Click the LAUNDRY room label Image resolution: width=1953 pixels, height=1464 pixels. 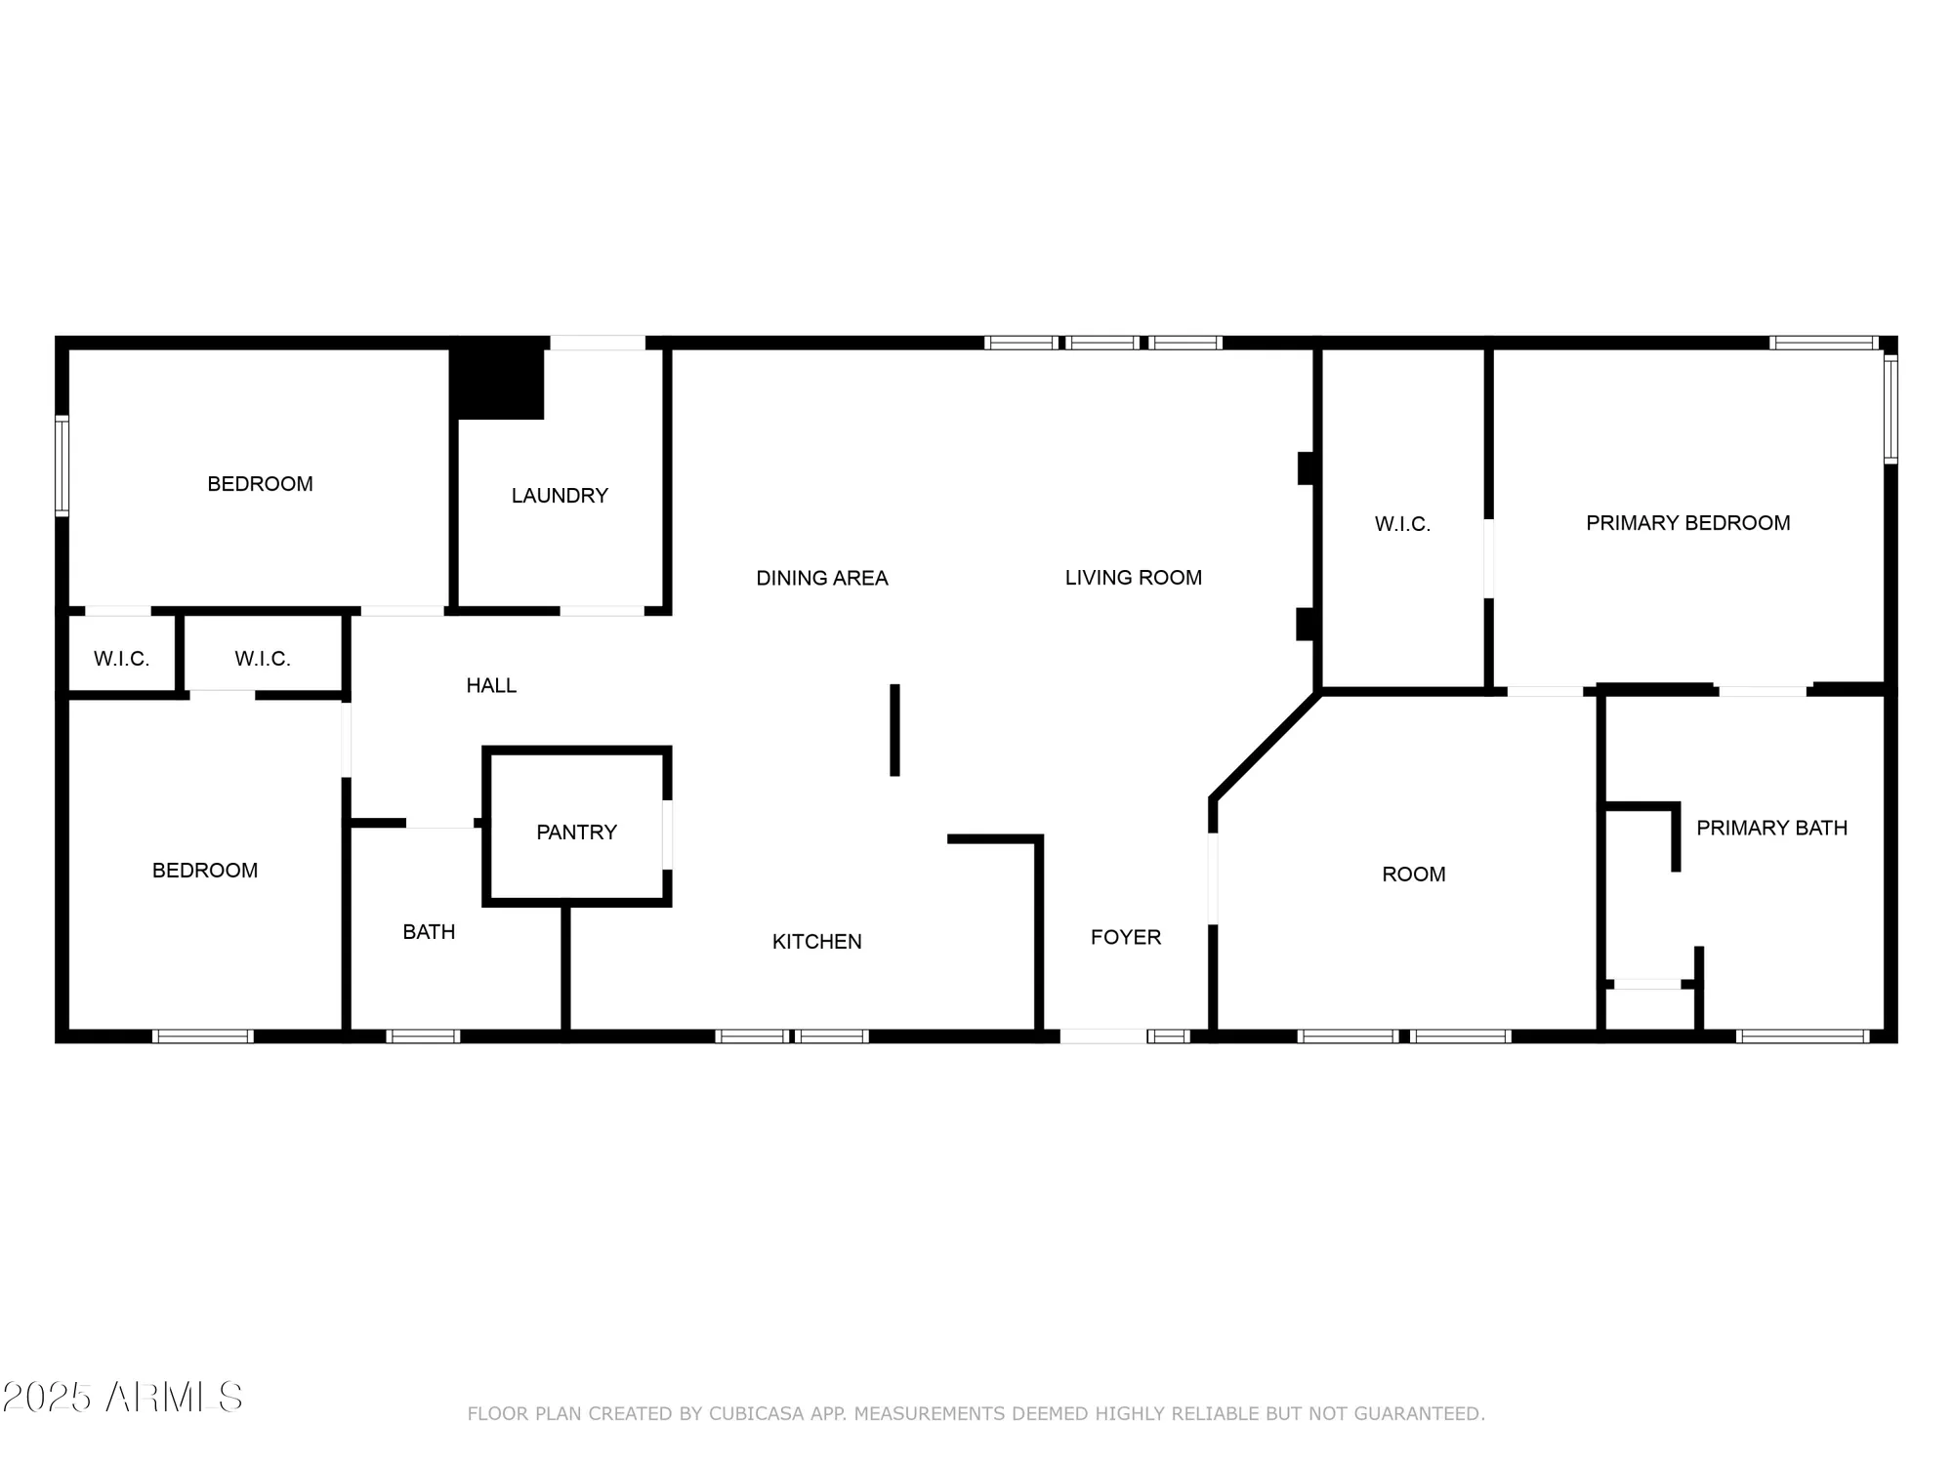tap(560, 496)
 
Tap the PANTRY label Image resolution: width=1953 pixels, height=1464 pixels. tap(576, 833)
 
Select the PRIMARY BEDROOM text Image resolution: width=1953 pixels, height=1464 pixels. tap(1687, 523)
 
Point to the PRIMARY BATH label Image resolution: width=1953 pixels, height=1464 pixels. tap(1771, 829)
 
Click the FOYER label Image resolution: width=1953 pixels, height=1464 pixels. tap(1125, 938)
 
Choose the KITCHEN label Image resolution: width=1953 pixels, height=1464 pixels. tap(816, 942)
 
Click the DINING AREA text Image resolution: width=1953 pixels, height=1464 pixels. tap(821, 579)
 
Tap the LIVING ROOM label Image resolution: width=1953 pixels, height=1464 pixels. tap(1133, 578)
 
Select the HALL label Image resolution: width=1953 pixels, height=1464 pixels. tap(490, 686)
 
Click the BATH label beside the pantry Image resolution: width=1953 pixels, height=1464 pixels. tap(429, 932)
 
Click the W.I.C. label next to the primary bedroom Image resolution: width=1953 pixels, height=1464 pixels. tap(1402, 525)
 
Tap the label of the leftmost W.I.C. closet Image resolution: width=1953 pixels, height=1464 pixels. tap(121, 659)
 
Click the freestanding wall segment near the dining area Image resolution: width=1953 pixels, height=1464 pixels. tap(894, 730)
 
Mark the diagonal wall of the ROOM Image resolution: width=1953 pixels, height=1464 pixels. tap(1266, 745)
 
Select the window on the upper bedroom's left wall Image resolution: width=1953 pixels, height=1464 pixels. tap(62, 466)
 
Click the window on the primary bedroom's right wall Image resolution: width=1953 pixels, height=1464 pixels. tap(1891, 410)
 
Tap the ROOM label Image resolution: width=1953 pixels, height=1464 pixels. tap(1413, 874)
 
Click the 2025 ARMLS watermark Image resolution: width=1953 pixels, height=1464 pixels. tap(122, 1398)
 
